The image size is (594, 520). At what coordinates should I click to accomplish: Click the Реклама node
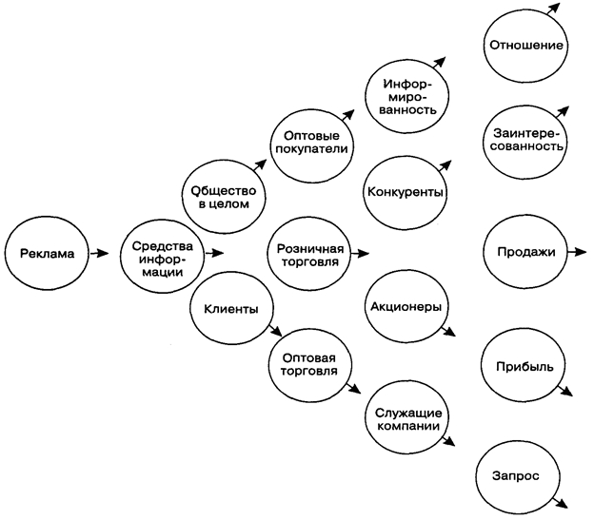click(x=46, y=253)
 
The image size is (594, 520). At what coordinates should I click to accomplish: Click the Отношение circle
click(x=525, y=45)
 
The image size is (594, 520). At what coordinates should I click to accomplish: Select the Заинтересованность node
click(x=525, y=140)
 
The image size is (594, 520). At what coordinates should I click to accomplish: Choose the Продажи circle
click(x=525, y=253)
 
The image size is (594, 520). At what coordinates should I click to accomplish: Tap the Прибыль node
click(x=525, y=365)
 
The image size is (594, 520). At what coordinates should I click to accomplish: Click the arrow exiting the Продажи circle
click(x=576, y=253)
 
